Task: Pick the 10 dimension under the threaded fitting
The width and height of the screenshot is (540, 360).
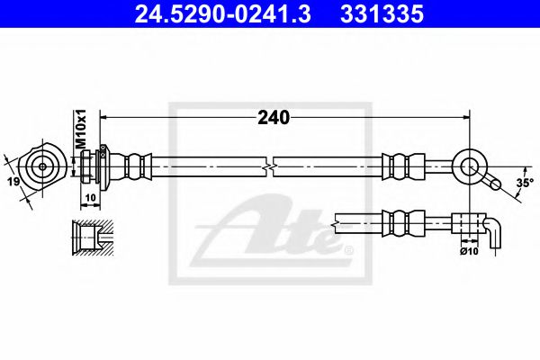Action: (90, 195)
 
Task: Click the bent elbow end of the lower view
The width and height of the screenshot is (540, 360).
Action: (496, 231)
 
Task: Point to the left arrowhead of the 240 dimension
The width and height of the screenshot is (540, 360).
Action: (103, 116)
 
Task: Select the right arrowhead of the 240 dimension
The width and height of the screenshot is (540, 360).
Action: (465, 116)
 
